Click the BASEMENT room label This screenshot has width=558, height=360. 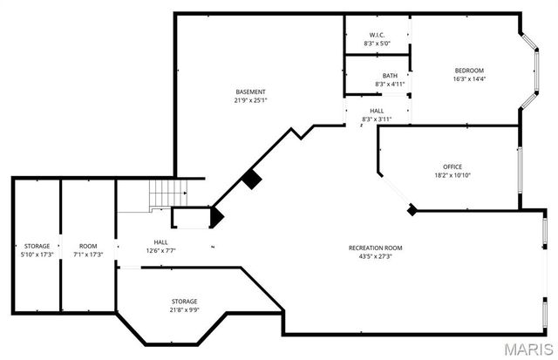pos(250,92)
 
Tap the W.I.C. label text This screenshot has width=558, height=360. pos(378,34)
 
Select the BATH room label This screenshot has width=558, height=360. pos(378,76)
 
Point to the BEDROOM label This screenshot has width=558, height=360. pos(468,71)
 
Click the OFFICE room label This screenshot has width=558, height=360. pos(453,166)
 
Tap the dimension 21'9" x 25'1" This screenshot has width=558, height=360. pos(250,100)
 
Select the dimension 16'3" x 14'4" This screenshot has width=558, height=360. pos(468,79)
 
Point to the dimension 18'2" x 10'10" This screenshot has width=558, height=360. pos(453,175)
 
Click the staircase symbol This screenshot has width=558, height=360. pos(167,194)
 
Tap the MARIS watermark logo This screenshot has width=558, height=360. pos(526,349)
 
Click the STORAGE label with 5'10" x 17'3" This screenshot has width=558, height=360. pos(37,247)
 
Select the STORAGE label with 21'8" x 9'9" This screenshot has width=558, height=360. pos(183,301)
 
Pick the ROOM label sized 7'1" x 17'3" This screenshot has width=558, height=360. pos(87,247)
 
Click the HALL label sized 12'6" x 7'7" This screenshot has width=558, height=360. pos(161,243)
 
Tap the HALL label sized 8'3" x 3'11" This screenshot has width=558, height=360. pos(377,111)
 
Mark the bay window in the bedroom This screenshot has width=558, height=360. pos(529,71)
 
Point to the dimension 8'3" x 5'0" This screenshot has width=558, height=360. pos(378,43)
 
